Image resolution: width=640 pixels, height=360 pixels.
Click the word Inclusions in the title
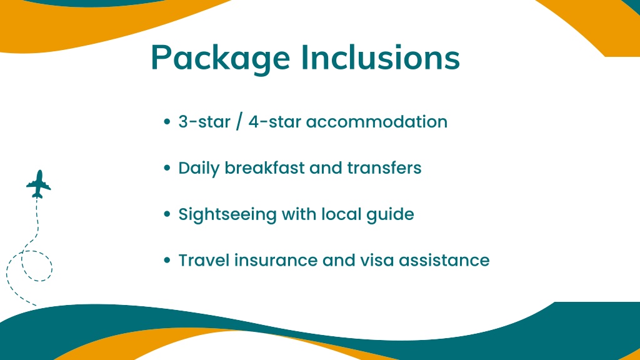click(381, 57)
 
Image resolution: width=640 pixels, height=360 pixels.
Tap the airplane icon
click(39, 184)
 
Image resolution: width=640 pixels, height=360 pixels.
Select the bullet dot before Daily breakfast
click(166, 167)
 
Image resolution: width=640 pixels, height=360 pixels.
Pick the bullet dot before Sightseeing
click(166, 214)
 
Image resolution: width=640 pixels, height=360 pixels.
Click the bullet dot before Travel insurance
click(166, 261)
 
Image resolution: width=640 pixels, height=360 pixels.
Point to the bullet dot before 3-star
click(166, 122)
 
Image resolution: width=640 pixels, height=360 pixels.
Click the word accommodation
click(377, 122)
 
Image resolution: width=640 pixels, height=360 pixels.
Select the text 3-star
click(204, 122)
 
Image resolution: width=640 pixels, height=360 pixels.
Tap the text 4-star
click(275, 122)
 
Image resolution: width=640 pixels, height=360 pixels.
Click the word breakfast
click(264, 167)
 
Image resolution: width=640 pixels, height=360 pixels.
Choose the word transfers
click(384, 167)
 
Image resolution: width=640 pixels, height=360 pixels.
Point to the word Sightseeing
click(227, 215)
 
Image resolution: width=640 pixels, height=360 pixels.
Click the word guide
click(390, 215)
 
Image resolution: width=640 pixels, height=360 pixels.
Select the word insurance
click(276, 261)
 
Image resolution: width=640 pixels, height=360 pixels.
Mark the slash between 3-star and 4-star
click(239, 122)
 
